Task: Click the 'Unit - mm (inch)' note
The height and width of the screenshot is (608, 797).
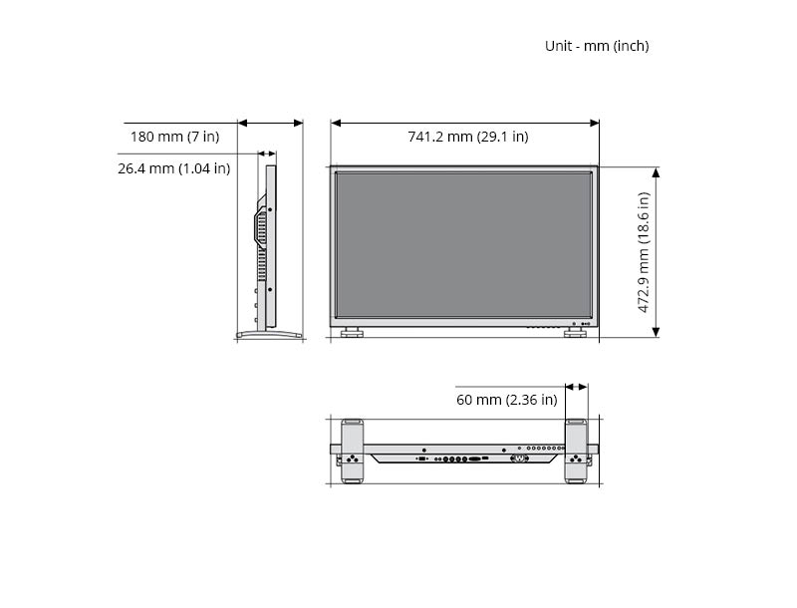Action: tap(597, 46)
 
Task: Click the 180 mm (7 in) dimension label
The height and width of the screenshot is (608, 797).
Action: tap(175, 137)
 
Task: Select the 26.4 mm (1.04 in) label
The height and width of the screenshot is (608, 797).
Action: tap(173, 168)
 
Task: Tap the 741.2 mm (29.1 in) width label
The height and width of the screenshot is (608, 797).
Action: tap(467, 137)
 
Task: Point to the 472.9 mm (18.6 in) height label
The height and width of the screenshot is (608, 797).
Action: tap(644, 252)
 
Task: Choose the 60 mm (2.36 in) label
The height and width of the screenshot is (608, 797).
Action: tap(507, 400)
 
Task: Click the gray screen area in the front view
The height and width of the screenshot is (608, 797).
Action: tap(463, 244)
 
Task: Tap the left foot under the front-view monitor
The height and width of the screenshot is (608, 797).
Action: tap(352, 333)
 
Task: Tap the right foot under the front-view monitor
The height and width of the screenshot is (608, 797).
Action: tap(575, 333)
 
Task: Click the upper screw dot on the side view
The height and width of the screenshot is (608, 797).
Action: tap(270, 209)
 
